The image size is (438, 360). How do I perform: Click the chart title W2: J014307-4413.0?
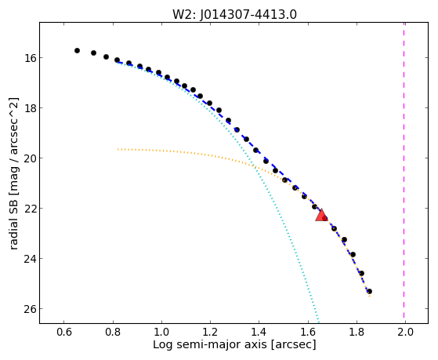pyautogui.click(x=234, y=15)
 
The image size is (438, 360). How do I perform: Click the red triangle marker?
pyautogui.click(x=321, y=216)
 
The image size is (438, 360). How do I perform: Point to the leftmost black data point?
pyautogui.click(x=77, y=51)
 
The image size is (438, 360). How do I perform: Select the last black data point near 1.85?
pyautogui.click(x=369, y=292)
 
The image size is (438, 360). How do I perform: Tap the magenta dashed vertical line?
pyautogui.click(x=404, y=171)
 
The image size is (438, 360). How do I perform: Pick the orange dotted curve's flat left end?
pyautogui.click(x=118, y=149)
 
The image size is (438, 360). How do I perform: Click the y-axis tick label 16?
pyautogui.click(x=30, y=58)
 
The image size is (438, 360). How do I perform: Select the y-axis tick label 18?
pyautogui.click(x=30, y=108)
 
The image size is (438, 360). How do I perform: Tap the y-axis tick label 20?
pyautogui.click(x=30, y=158)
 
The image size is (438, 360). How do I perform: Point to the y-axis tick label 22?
pyautogui.click(x=30, y=209)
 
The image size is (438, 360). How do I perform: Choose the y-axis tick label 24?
pyautogui.click(x=30, y=259)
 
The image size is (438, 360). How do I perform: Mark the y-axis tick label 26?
pyautogui.click(x=30, y=309)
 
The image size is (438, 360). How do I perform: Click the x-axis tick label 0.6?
pyautogui.click(x=64, y=332)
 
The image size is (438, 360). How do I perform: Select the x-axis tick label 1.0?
pyautogui.click(x=161, y=332)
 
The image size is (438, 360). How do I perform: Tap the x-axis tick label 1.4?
pyautogui.click(x=259, y=332)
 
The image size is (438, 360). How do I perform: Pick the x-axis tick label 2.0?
pyautogui.click(x=405, y=332)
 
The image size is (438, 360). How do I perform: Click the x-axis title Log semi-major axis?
pyautogui.click(x=210, y=345)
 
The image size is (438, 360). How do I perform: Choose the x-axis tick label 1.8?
pyautogui.click(x=357, y=332)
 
